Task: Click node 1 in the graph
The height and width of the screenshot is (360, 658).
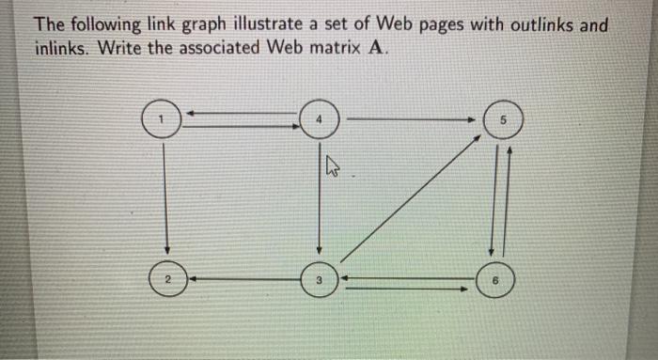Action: (162, 120)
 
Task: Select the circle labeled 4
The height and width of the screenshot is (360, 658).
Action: (320, 120)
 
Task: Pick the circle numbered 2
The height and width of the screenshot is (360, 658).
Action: (166, 278)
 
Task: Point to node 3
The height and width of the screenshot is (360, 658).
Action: (320, 279)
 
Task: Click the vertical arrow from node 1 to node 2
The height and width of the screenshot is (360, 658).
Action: (166, 197)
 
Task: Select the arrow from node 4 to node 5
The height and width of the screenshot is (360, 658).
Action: (414, 119)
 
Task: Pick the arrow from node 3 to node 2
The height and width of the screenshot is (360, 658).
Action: (244, 278)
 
